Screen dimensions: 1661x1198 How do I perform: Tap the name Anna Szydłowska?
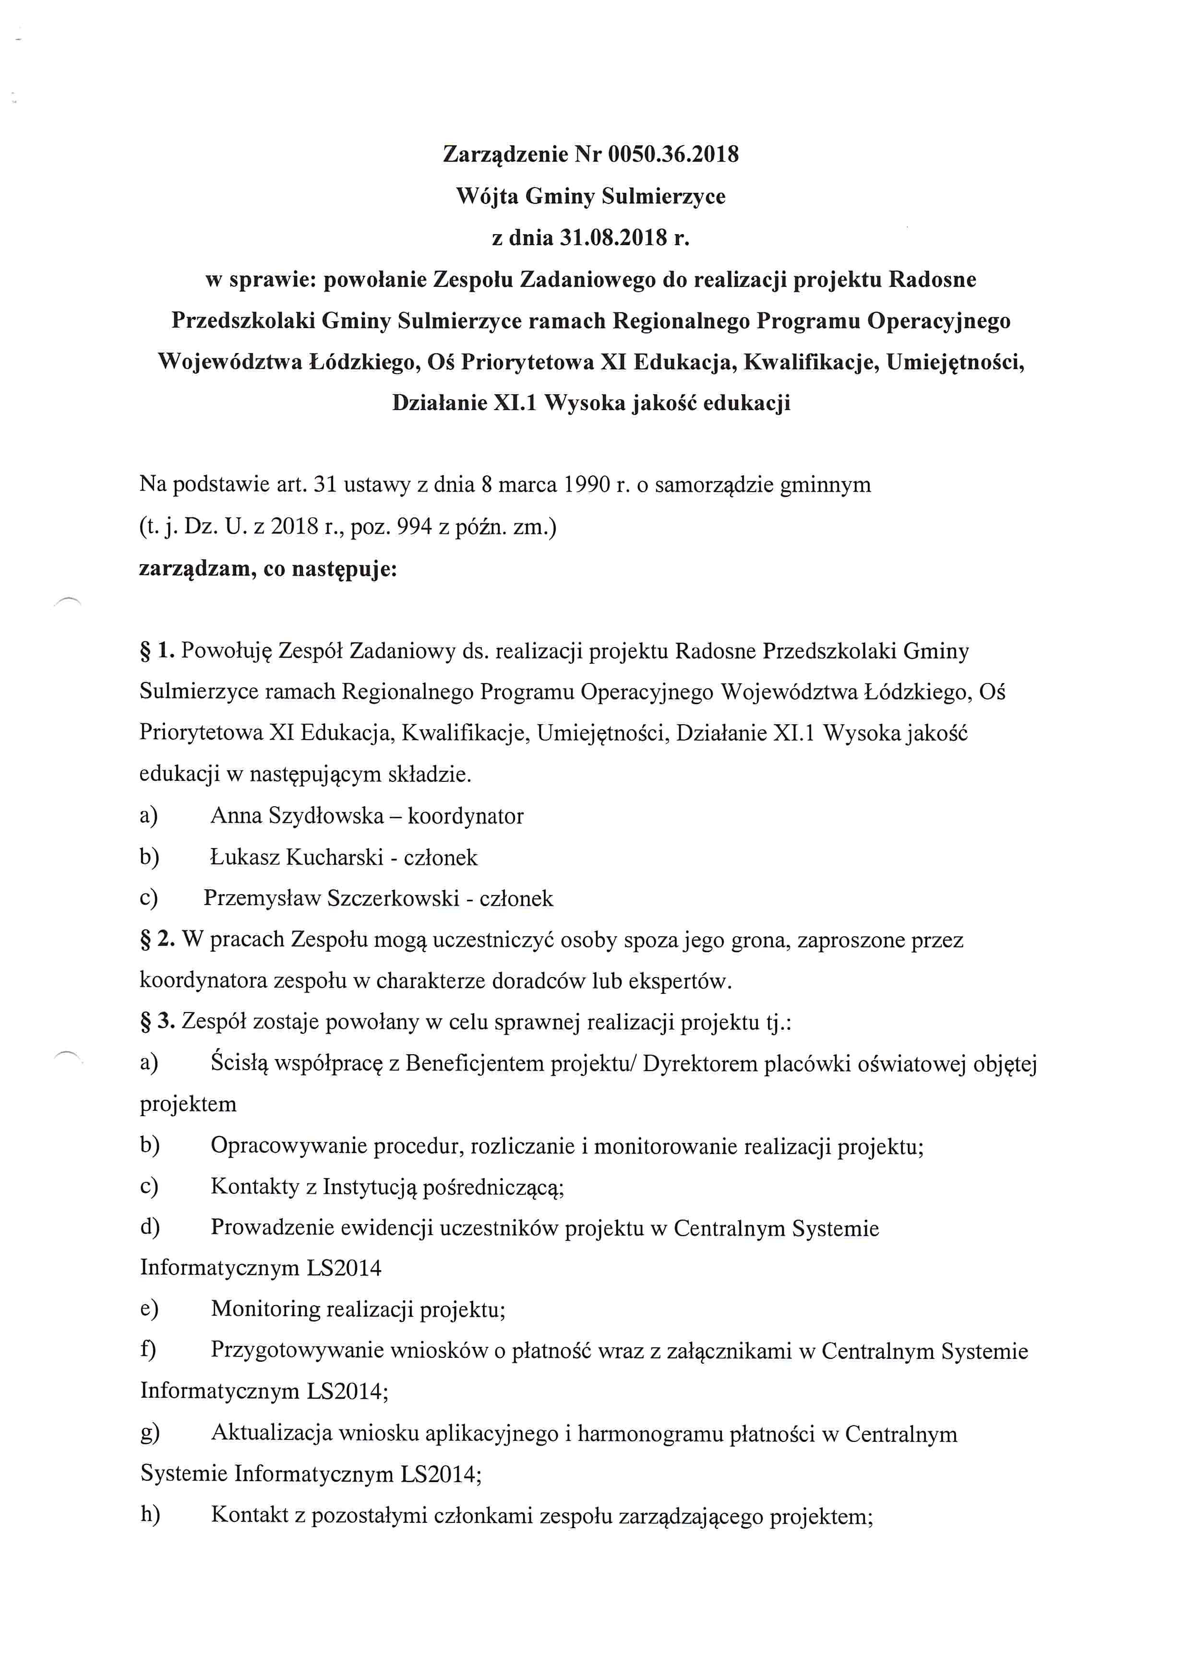click(x=297, y=816)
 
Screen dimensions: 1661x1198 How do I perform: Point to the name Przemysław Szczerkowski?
click(x=331, y=899)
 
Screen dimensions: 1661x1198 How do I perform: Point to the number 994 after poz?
click(x=414, y=527)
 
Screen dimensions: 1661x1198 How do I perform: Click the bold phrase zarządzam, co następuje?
click(x=267, y=568)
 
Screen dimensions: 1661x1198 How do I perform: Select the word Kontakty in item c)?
click(x=253, y=1187)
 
